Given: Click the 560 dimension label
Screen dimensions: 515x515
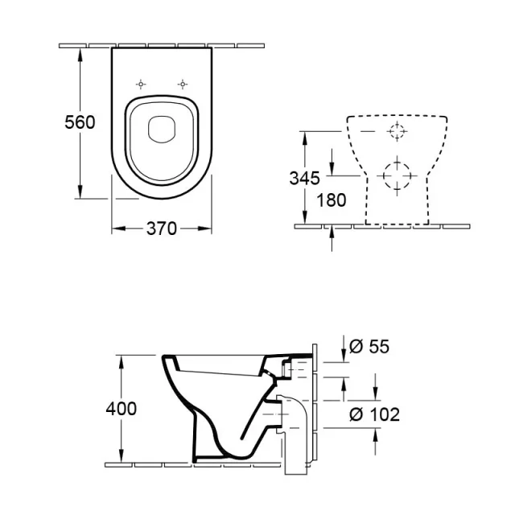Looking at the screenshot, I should [80, 122].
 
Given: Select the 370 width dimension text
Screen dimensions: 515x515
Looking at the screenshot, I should [162, 229].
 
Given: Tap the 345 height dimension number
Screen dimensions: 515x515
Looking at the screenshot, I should [305, 178].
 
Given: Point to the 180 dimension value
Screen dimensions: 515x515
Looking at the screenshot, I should [331, 200].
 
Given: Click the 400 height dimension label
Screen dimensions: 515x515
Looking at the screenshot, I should [122, 409].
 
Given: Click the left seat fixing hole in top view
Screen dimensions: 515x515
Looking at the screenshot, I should [142, 84].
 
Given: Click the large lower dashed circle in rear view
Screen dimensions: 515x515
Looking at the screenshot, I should [397, 175].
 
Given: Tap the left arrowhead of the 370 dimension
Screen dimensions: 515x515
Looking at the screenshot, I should [115, 229].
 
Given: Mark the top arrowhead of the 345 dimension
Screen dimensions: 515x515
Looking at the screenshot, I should [305, 136].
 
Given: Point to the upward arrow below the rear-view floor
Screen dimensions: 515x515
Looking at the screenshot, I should [332, 234].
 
